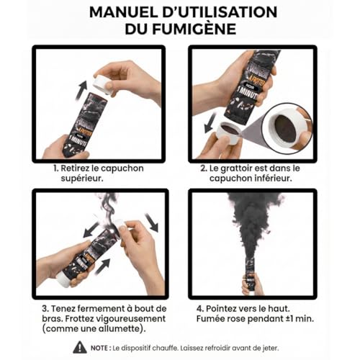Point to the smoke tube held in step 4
[x=252, y=277]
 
